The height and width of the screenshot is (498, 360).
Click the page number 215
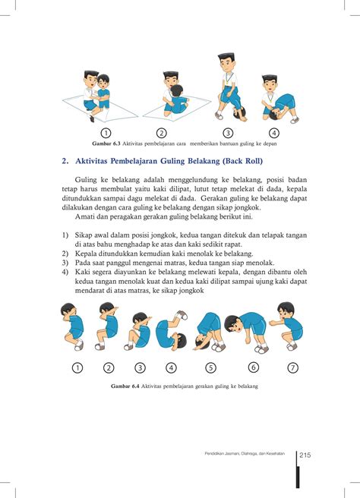[x=307, y=455]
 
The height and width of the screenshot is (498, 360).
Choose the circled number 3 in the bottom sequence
[x=140, y=368]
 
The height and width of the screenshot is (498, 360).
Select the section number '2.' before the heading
[x=66, y=161]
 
